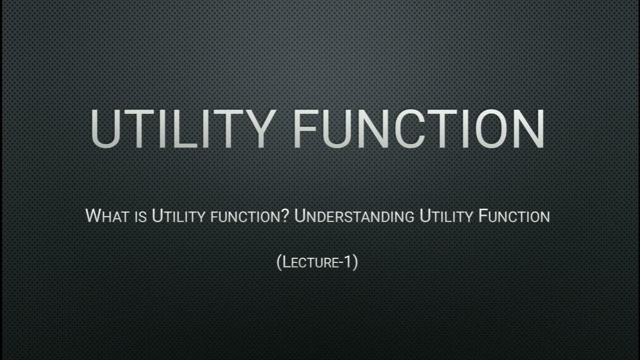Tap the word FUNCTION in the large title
tap(419, 128)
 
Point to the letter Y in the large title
tap(254, 128)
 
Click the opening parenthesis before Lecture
tap(279, 262)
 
